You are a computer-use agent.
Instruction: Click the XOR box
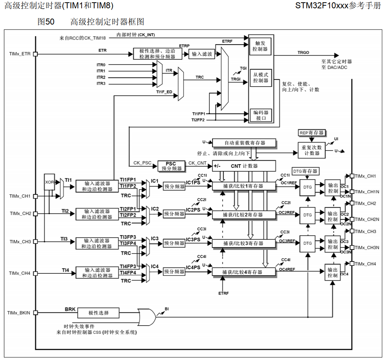(x=50, y=182)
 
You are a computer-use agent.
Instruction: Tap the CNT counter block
(x=243, y=166)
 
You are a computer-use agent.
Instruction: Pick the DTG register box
(x=305, y=171)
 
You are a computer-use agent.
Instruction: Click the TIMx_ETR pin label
(x=20, y=54)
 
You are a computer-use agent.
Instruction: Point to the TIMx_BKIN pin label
(x=19, y=313)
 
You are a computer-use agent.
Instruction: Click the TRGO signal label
(x=303, y=53)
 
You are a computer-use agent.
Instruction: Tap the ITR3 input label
(x=101, y=84)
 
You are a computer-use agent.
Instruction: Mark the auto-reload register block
(x=244, y=143)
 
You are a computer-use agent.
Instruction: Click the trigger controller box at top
(x=261, y=46)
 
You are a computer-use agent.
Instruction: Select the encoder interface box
(x=261, y=115)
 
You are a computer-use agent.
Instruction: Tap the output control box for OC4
(x=333, y=272)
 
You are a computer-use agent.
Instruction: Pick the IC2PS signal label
(x=193, y=210)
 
